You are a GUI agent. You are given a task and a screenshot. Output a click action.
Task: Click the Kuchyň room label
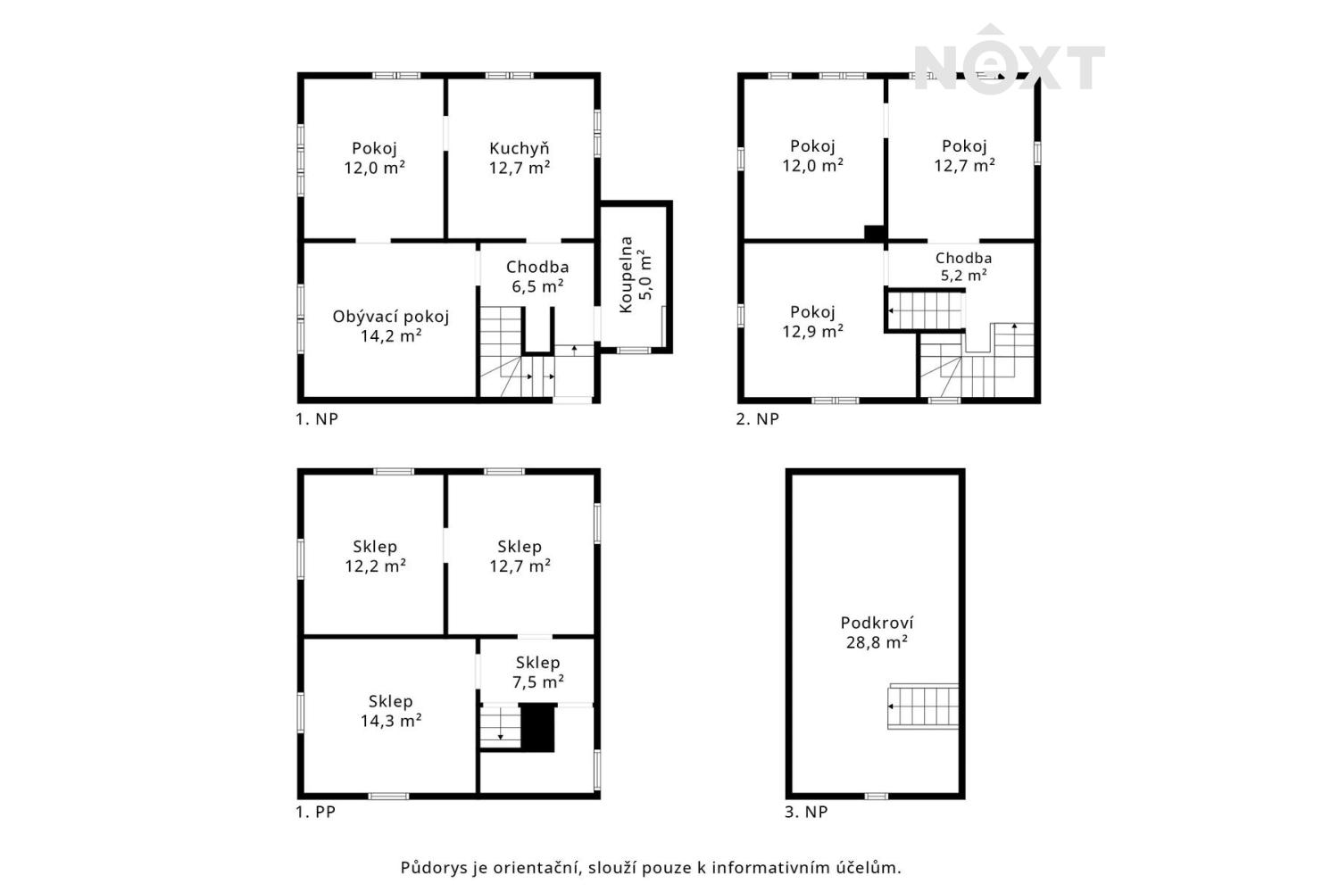(519, 148)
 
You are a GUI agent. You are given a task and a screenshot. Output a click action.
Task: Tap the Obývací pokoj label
(391, 317)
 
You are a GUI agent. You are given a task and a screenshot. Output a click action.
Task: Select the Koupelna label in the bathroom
(626, 275)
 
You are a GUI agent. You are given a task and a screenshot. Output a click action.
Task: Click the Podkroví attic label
(877, 623)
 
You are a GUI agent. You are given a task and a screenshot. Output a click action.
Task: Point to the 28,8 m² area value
(877, 642)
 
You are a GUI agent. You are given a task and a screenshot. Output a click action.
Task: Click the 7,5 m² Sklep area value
(538, 681)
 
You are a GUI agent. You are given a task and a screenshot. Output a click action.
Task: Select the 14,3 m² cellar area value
(391, 721)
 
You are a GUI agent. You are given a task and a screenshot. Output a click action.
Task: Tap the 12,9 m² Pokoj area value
(813, 330)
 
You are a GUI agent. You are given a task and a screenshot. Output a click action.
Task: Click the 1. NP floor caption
(317, 419)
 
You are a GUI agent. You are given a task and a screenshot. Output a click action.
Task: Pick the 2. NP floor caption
(757, 419)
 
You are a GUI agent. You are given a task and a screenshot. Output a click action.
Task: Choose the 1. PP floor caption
(316, 812)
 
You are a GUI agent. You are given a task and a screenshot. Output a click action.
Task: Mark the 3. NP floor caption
(806, 812)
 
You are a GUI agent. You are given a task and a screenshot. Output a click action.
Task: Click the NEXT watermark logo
(1010, 60)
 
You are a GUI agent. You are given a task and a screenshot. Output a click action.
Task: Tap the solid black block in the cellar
(538, 727)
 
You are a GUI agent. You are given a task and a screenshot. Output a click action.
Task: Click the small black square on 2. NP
(875, 233)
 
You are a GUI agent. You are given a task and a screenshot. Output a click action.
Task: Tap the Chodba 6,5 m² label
(537, 277)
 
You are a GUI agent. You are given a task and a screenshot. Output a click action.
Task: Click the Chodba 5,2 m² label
(963, 267)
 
